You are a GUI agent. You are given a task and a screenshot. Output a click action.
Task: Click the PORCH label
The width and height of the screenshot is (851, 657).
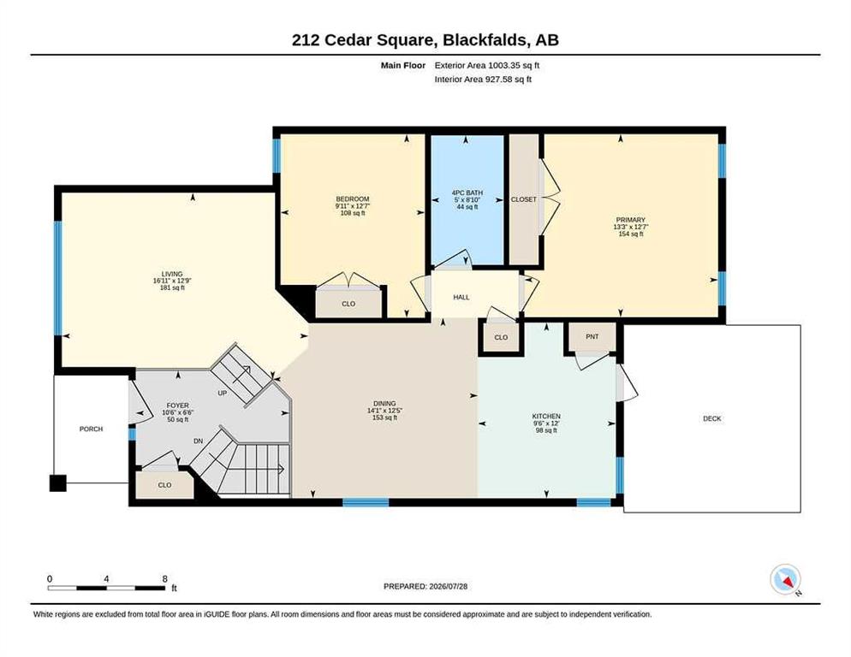point(91,429)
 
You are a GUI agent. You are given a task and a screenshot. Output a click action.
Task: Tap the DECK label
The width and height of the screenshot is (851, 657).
point(712,419)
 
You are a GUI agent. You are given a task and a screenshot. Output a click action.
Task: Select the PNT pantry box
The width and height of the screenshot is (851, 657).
point(592,337)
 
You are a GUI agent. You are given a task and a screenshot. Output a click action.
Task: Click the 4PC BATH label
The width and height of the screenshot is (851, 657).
point(467,192)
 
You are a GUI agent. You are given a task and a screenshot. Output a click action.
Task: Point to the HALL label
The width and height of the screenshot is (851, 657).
point(461,298)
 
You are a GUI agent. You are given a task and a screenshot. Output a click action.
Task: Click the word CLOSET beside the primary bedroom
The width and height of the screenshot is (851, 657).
point(524,199)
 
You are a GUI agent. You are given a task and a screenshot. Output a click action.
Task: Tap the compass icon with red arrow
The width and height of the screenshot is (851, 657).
point(785,579)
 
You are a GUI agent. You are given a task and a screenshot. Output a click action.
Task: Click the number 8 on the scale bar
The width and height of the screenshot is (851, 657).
point(165,579)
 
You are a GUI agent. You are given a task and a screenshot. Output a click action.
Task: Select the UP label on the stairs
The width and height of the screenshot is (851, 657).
point(222,393)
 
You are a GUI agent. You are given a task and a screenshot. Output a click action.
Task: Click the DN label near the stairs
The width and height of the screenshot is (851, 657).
point(198,441)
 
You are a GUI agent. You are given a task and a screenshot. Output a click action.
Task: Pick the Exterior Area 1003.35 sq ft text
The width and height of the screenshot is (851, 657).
point(487,66)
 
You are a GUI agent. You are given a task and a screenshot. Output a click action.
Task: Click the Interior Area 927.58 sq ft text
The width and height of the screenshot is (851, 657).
point(483,80)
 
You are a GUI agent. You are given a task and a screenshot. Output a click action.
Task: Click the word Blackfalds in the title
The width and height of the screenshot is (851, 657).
point(485,40)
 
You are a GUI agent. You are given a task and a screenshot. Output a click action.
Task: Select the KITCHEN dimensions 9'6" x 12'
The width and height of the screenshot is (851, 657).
point(546,423)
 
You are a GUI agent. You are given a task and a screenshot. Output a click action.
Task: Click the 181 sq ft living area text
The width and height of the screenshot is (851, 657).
point(172,288)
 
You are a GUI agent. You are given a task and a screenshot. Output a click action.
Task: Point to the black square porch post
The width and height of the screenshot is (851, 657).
point(58,482)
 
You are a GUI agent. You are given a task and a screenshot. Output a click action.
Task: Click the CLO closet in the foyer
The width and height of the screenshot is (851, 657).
point(164,485)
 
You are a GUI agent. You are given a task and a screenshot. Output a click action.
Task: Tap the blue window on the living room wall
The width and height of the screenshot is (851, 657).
point(57,278)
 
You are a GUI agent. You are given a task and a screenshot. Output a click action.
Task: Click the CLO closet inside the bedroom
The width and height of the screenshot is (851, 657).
point(348,304)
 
